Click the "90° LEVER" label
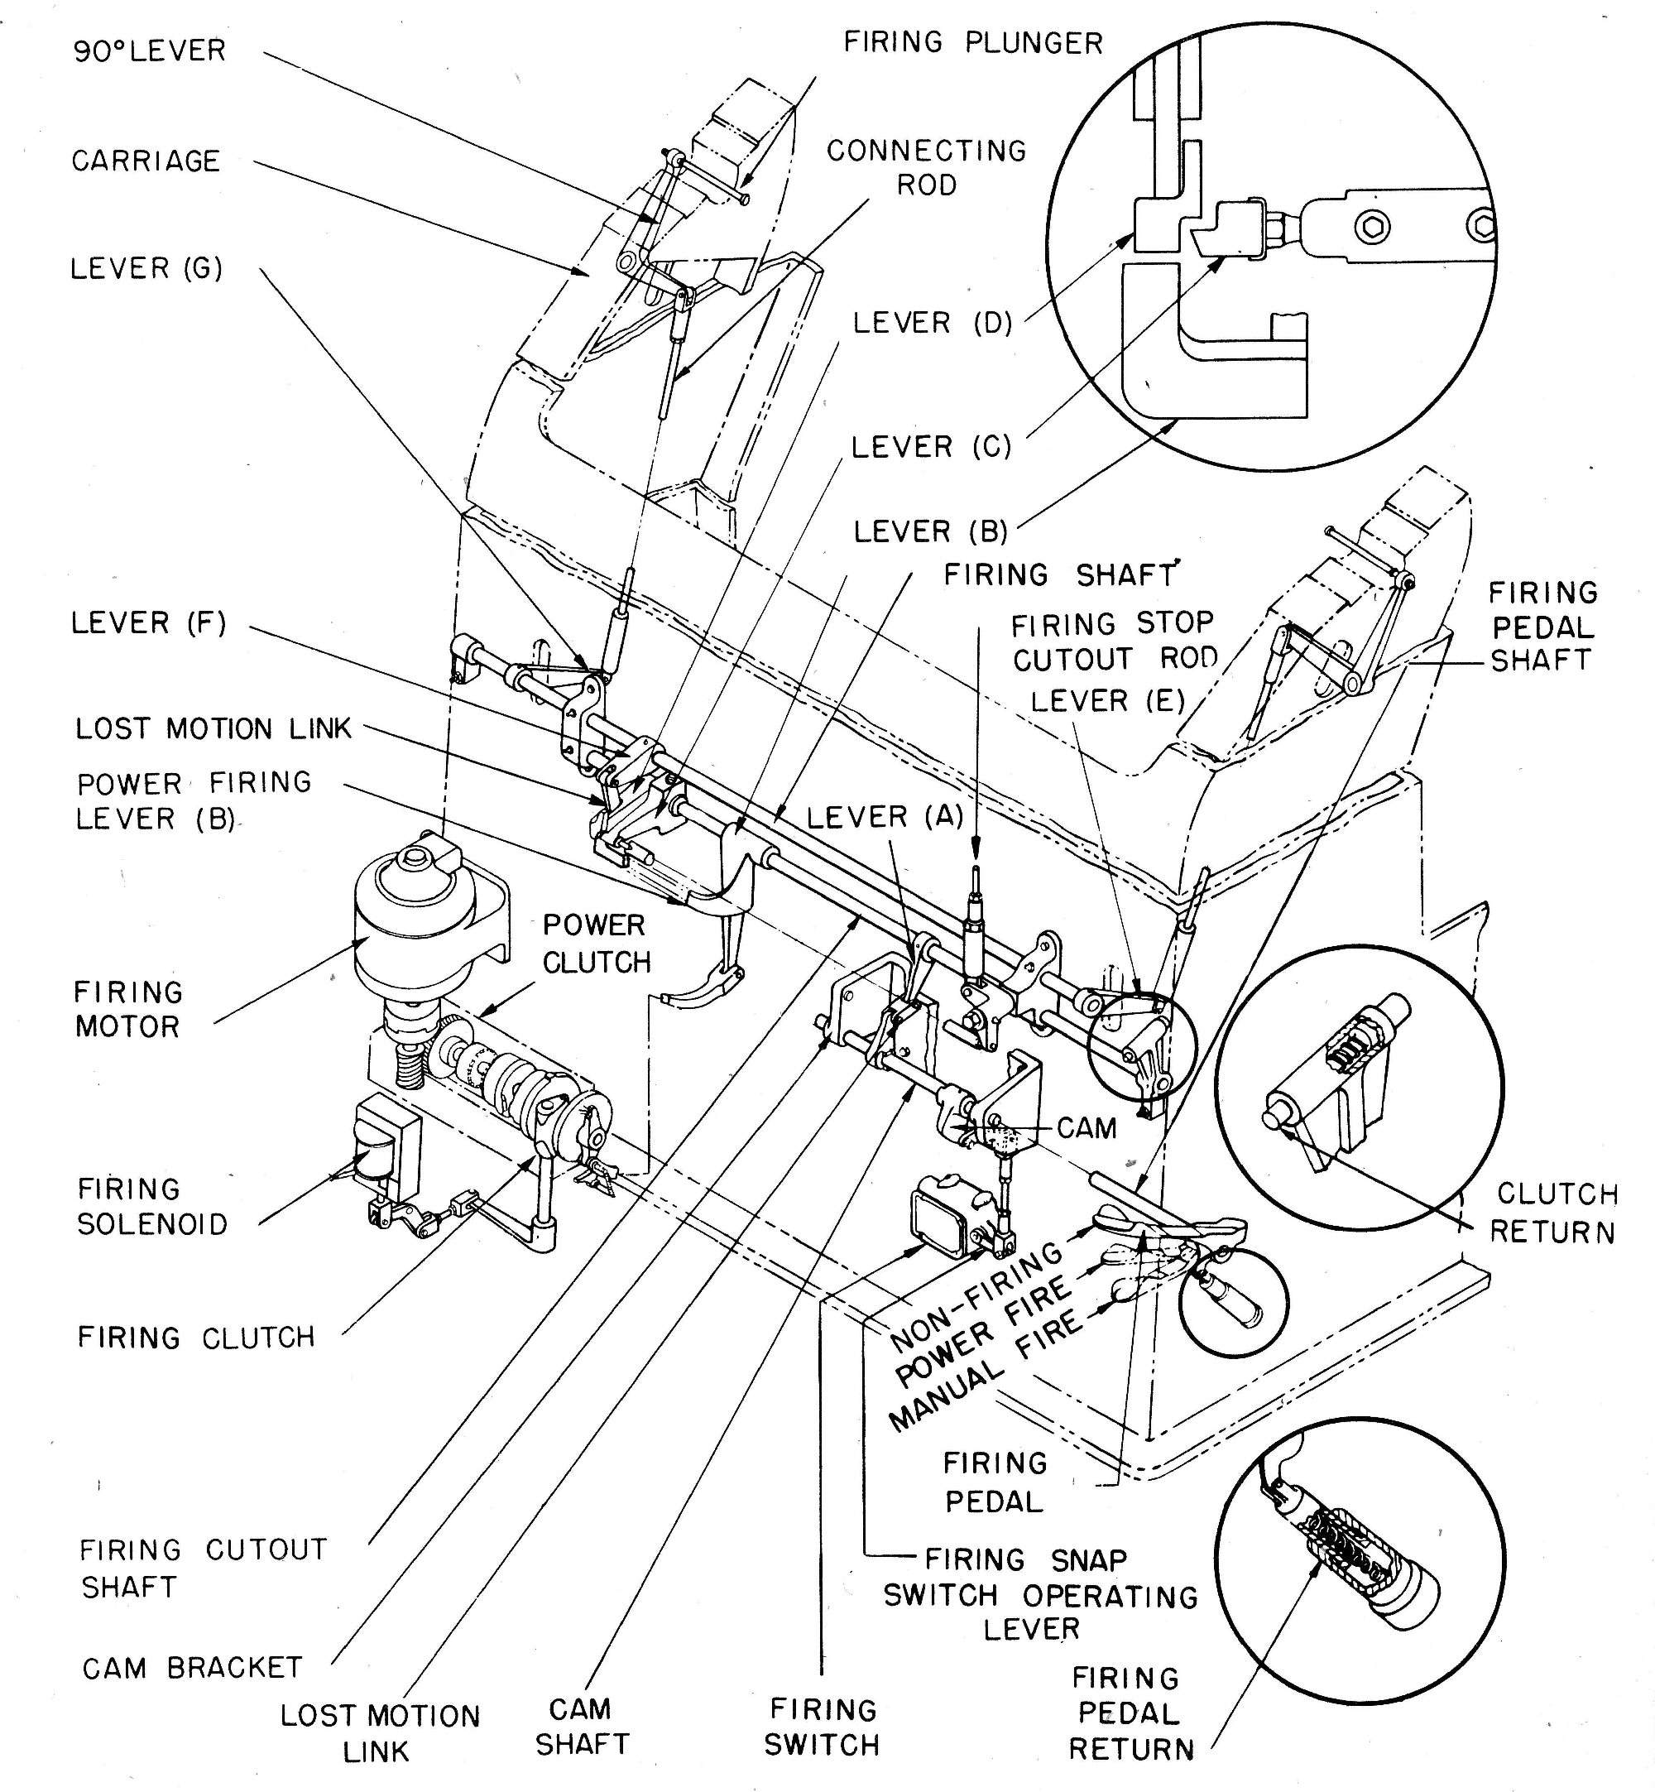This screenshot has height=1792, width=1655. [150, 50]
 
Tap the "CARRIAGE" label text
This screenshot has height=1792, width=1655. [146, 161]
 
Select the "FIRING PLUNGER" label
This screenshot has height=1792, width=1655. [973, 42]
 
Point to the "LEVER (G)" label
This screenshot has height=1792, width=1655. [146, 268]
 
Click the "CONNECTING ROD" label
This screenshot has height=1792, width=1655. [927, 167]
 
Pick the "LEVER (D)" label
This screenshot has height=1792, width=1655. [933, 323]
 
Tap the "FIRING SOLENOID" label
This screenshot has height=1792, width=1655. [152, 1206]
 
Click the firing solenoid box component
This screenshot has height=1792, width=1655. [387, 1147]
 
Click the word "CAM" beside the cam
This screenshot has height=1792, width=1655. [1087, 1127]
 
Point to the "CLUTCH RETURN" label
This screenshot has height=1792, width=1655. [1554, 1213]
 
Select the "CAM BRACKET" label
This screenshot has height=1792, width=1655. [193, 1668]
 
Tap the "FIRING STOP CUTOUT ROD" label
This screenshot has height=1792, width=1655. [1114, 641]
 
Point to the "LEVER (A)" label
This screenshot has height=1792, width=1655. [885, 817]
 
